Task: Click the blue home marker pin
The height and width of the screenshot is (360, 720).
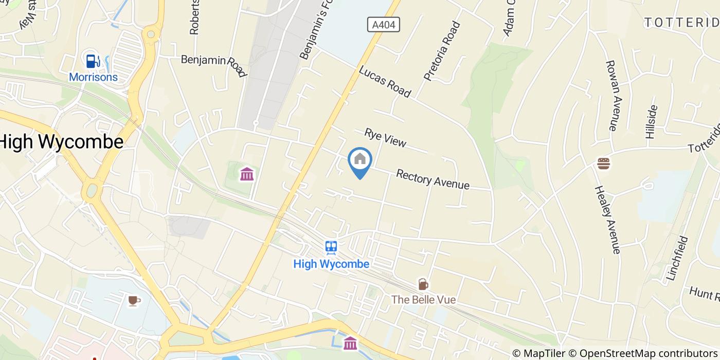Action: click(x=360, y=161)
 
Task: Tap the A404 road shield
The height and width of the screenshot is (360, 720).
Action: click(x=384, y=24)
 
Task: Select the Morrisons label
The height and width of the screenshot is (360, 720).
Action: click(x=94, y=77)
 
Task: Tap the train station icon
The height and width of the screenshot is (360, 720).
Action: click(x=331, y=247)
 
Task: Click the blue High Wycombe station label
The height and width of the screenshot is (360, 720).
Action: click(x=331, y=264)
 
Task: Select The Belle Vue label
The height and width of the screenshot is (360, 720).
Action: click(x=423, y=299)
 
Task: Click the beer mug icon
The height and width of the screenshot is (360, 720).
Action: click(x=423, y=284)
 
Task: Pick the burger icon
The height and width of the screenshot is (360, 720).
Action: click(x=603, y=164)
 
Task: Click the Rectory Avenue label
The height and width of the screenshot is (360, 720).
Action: click(x=433, y=179)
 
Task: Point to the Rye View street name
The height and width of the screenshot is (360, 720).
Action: click(x=385, y=138)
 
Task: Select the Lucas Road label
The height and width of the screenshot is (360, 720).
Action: click(x=385, y=81)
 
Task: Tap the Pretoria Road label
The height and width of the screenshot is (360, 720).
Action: click(x=442, y=50)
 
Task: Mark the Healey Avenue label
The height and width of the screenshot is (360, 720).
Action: click(x=607, y=220)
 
